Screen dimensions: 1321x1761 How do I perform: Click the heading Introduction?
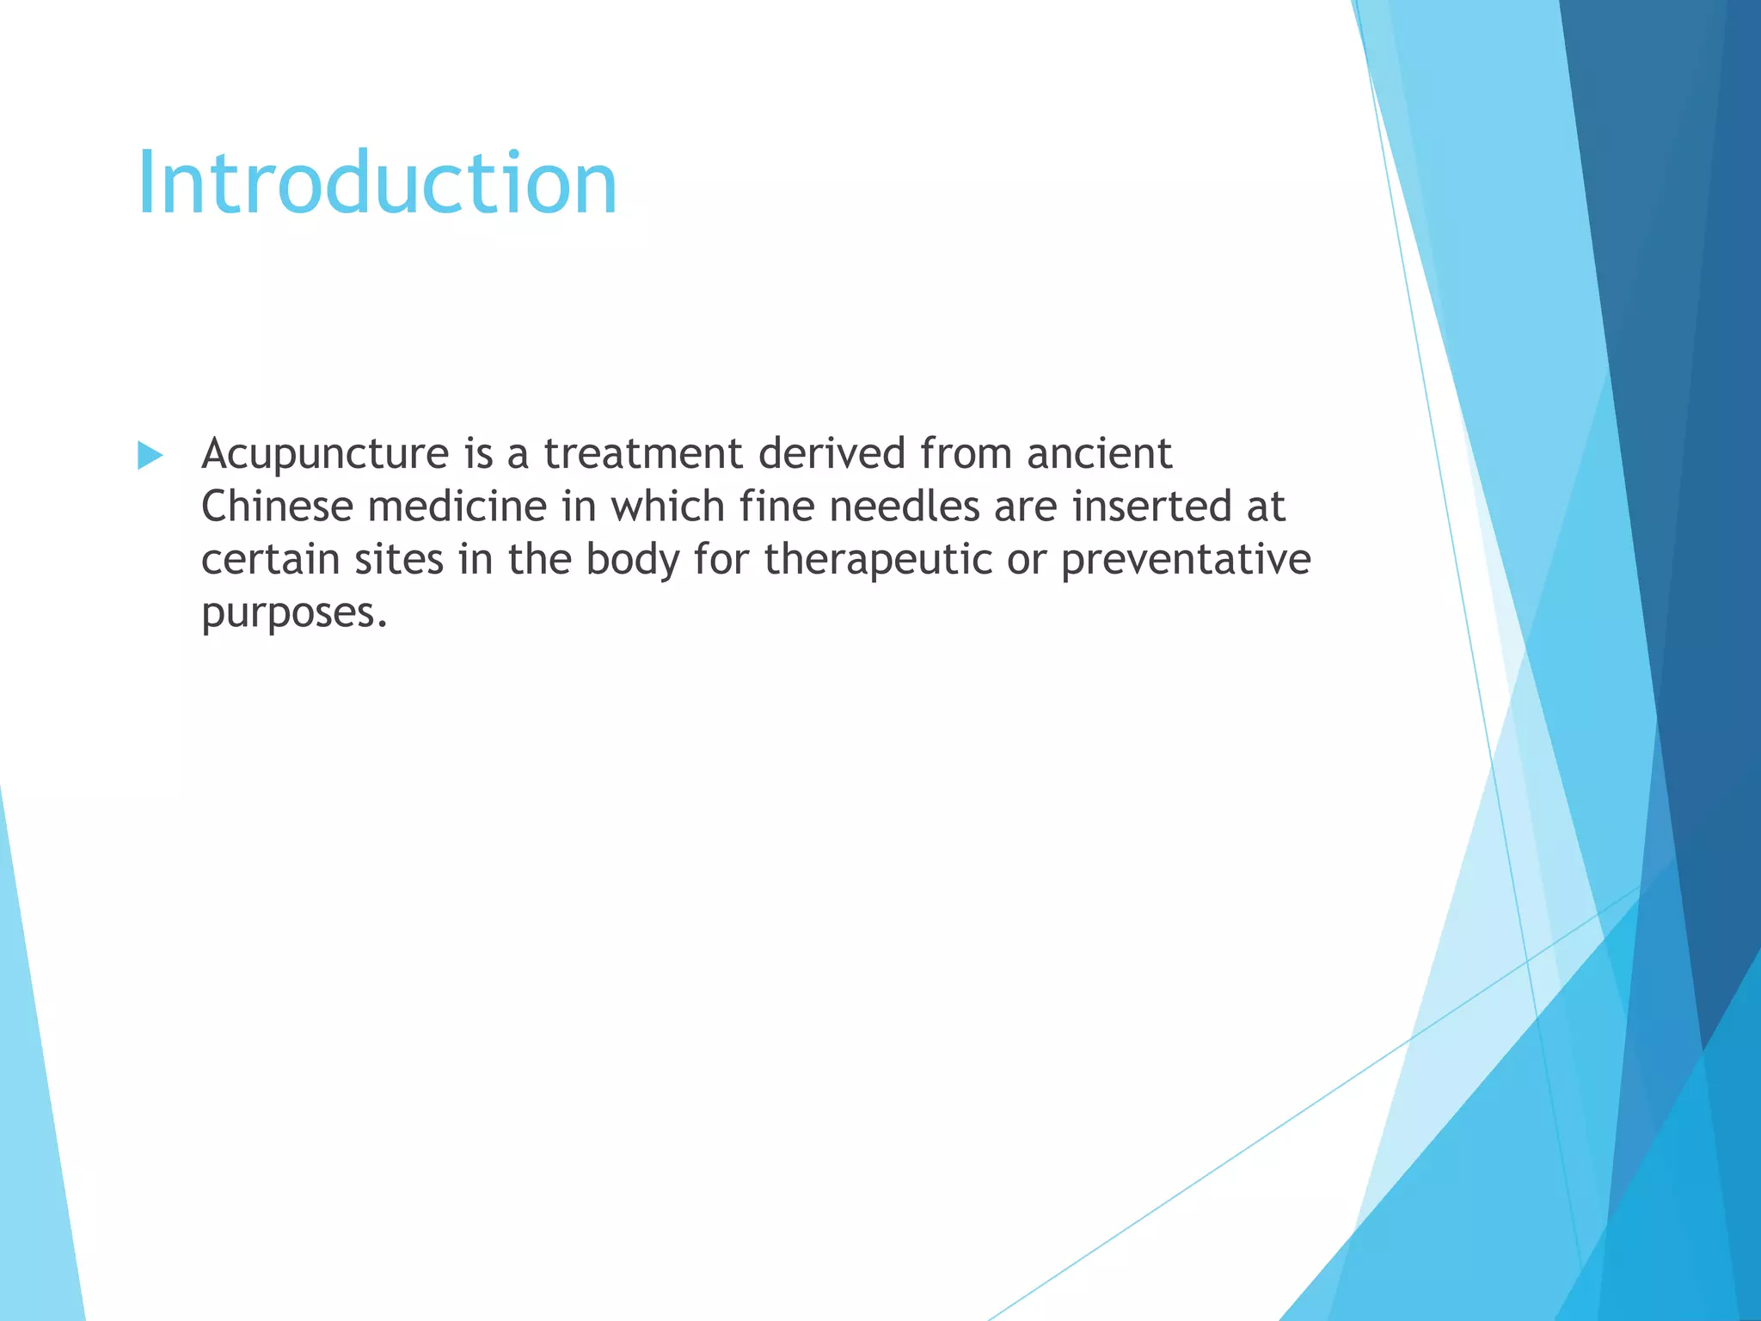point(377,183)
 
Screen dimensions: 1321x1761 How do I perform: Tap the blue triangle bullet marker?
point(150,456)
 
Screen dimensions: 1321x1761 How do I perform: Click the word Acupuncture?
point(325,455)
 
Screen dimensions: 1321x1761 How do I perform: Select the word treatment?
point(643,453)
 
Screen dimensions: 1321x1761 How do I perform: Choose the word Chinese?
point(277,507)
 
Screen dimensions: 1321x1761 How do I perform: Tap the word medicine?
point(457,507)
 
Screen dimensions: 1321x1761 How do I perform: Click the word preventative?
point(1186,560)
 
